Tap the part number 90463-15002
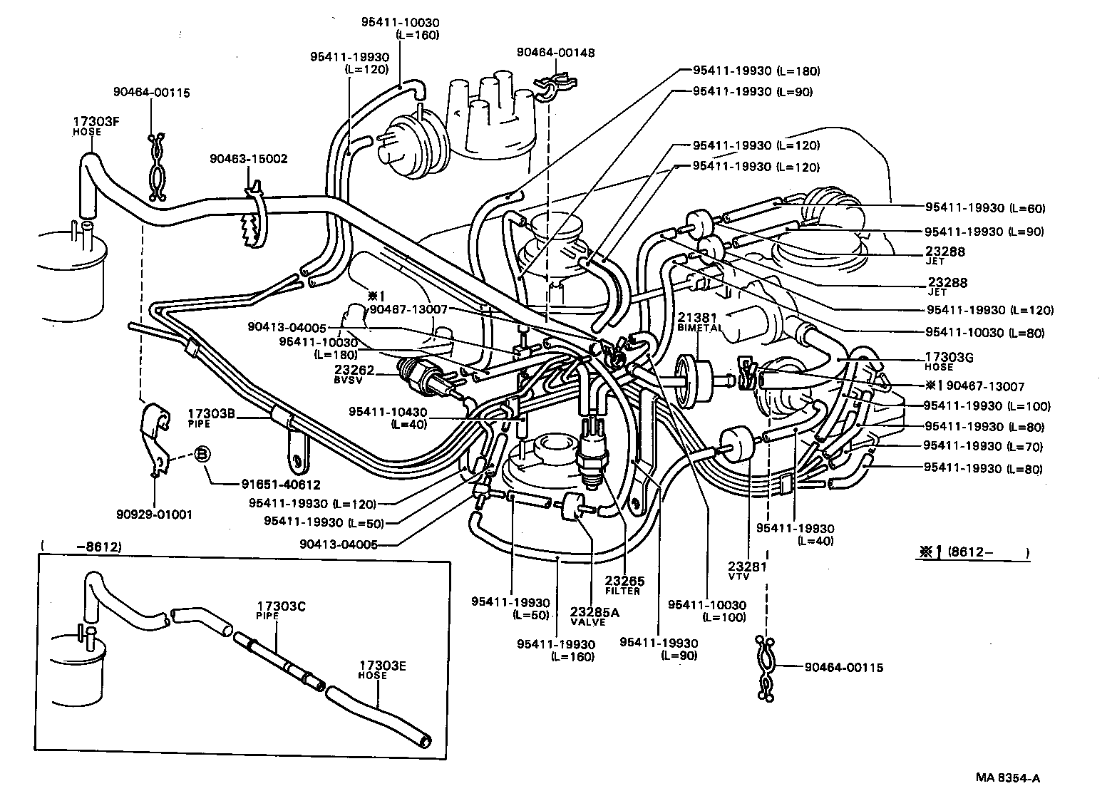pos(249,158)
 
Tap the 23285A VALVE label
pos(590,616)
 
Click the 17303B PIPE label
pos(211,418)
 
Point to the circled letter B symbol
pos(202,454)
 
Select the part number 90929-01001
pos(155,514)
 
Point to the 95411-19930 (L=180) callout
pos(756,71)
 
